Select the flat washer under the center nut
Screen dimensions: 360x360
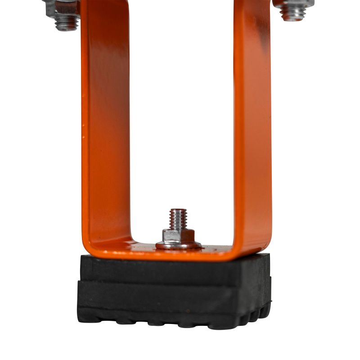179,245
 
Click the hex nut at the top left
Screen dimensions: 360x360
63,8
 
